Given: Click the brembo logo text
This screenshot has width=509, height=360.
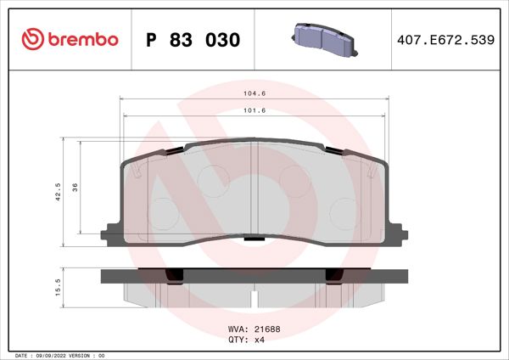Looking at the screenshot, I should tap(81, 39).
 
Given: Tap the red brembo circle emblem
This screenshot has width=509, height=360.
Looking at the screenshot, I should tap(32, 39).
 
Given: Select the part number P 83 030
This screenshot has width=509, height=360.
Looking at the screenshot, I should tap(193, 40).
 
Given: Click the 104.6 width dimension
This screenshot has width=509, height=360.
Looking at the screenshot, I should tap(256, 95).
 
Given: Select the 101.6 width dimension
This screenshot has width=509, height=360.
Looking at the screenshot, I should tap(256, 110).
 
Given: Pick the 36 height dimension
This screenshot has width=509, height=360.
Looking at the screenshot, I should tap(76, 188).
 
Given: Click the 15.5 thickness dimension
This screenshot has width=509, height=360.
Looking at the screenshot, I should tap(58, 288).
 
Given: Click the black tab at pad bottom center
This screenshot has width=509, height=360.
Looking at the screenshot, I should tap(253, 239).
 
